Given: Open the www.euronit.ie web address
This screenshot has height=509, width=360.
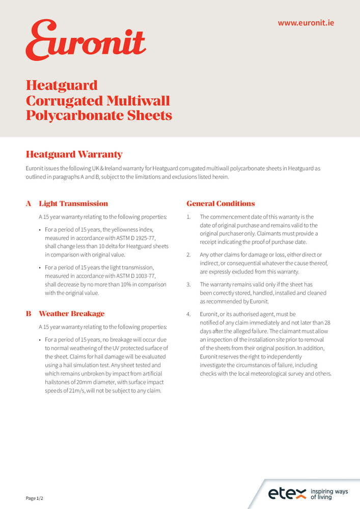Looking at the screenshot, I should click(x=306, y=23).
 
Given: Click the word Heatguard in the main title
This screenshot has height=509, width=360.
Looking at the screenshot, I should click(x=62, y=85).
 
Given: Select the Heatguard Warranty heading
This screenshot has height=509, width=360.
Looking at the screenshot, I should click(x=74, y=154).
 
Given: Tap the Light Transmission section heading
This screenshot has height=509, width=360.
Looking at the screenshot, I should click(x=73, y=204).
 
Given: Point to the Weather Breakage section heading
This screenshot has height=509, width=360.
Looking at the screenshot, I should click(x=71, y=314).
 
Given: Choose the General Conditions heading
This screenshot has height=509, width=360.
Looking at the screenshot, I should click(x=220, y=204).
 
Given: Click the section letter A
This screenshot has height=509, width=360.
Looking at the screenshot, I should click(x=29, y=204).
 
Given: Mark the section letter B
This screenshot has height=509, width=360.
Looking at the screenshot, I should click(x=29, y=314).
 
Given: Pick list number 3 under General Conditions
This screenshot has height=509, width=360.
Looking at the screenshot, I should click(x=188, y=285).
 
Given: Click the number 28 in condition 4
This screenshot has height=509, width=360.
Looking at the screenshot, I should click(x=327, y=323).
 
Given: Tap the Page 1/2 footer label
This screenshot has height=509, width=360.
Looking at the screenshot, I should click(x=35, y=498).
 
